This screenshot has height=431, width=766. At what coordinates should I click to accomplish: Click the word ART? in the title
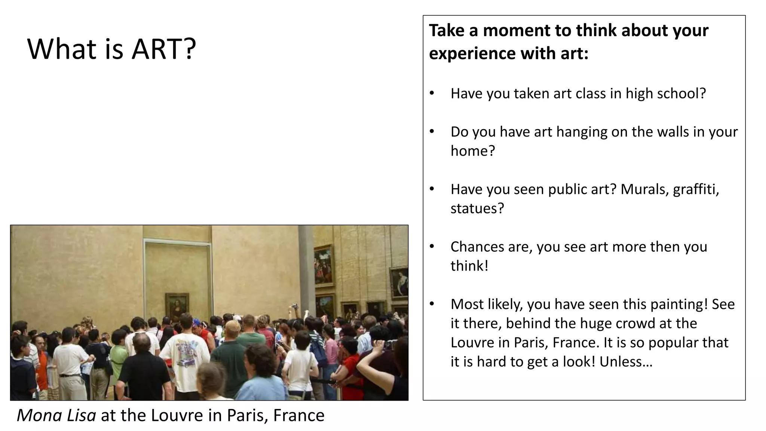click(164, 49)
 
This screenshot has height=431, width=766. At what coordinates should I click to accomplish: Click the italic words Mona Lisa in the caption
click(56, 415)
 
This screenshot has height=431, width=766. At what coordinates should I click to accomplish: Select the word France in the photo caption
click(299, 415)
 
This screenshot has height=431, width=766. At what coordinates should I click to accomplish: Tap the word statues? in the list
click(477, 208)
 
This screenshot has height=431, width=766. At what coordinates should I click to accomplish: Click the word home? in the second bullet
click(473, 151)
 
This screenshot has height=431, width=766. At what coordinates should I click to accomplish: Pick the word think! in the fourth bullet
click(469, 266)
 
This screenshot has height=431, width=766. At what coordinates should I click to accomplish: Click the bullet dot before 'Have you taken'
click(432, 93)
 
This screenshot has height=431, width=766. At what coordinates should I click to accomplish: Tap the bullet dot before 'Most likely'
click(432, 304)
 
